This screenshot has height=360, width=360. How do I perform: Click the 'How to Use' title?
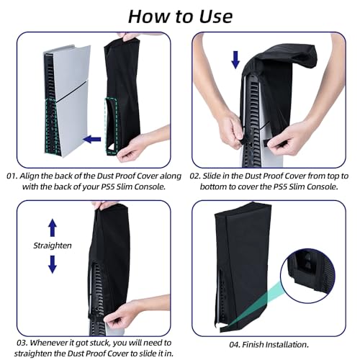tap(180, 16)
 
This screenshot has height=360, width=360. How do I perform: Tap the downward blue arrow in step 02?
tap(235, 60)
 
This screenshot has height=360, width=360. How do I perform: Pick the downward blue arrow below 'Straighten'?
tap(52, 264)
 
